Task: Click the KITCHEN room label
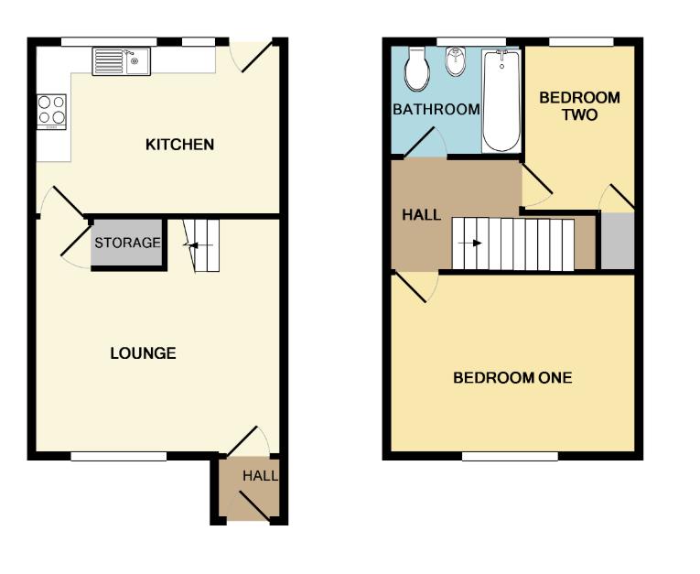[x=180, y=145]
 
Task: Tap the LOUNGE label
[x=143, y=353]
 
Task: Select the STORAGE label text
[x=127, y=244]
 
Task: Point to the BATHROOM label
[x=436, y=110]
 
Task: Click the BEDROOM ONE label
[x=512, y=377]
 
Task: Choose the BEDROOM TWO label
[x=579, y=106]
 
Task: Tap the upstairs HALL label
[x=422, y=215]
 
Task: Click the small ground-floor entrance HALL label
[x=260, y=477]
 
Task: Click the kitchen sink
[x=121, y=61]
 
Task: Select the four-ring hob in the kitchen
[x=51, y=110]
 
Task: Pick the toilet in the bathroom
[x=416, y=70]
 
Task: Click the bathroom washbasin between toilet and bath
[x=455, y=63]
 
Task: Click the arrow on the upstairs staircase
[x=476, y=244]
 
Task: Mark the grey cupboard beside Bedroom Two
[x=618, y=240]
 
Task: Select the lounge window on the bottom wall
[x=119, y=455]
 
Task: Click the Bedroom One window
[x=510, y=455]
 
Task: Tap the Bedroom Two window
[x=581, y=41]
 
